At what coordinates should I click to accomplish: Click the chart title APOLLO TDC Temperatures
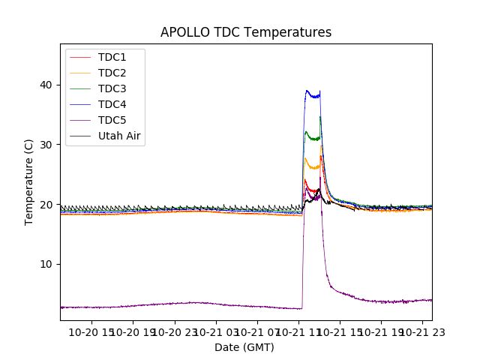pos(245,32)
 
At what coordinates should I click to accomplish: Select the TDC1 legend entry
pos(112,58)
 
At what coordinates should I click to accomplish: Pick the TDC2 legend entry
pos(112,73)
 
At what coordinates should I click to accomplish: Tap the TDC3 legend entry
pos(112,89)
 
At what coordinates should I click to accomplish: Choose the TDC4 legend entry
pos(112,105)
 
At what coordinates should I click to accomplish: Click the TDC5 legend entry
pos(112,121)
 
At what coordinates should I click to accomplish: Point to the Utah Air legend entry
pos(119,136)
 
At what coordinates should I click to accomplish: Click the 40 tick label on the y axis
pos(47,85)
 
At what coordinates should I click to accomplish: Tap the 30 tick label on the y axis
pos(47,145)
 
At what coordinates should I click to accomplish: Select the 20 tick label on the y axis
pos(47,205)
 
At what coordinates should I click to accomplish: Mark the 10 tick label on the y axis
pos(47,264)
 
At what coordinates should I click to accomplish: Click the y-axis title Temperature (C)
pos(29,181)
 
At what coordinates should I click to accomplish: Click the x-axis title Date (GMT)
pos(244,347)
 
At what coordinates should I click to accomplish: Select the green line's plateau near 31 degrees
pos(313,138)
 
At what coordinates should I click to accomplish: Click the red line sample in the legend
pos(82,58)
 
